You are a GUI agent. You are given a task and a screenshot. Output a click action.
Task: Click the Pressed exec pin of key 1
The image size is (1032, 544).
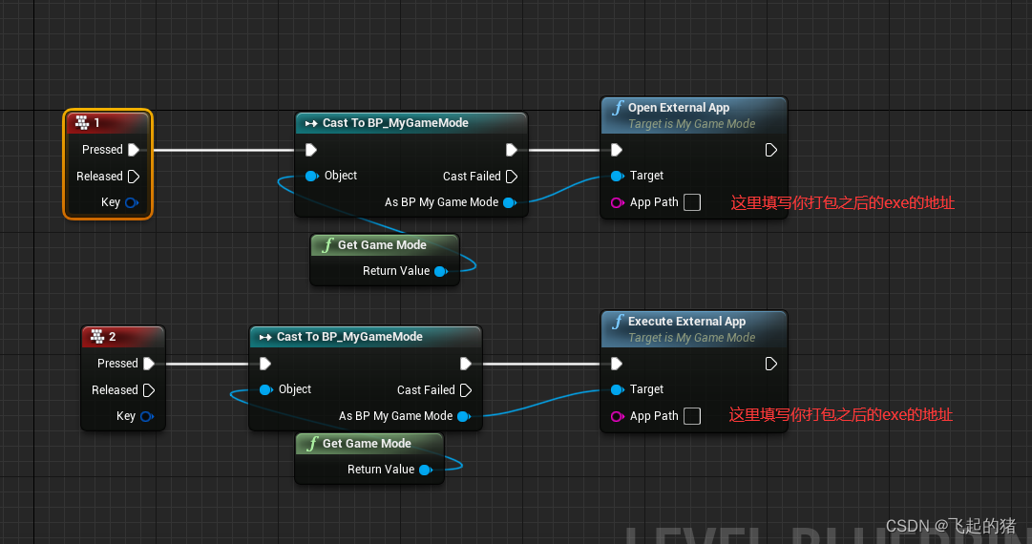tap(134, 150)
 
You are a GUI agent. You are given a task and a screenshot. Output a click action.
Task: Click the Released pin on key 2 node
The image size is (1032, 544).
tap(148, 390)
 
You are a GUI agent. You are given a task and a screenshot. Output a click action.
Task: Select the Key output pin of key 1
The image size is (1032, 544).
tap(132, 202)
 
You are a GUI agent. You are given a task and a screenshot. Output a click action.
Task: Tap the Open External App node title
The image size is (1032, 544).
tap(678, 108)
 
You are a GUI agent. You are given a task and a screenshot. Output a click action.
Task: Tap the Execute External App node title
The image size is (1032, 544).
tap(686, 322)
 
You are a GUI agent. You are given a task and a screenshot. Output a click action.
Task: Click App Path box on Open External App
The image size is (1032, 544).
tap(692, 202)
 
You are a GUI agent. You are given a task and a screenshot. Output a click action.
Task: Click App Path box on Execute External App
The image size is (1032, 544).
tap(692, 416)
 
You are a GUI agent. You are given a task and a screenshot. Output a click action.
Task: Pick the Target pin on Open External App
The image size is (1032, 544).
tap(617, 176)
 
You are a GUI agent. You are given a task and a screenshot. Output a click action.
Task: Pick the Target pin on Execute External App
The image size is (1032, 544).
tap(617, 389)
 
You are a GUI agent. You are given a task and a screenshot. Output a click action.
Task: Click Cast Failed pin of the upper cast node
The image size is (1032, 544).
tap(512, 177)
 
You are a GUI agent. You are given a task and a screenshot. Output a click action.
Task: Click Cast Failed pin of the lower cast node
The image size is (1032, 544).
tap(466, 390)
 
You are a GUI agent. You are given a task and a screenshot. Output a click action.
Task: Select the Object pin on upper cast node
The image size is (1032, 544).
tap(311, 176)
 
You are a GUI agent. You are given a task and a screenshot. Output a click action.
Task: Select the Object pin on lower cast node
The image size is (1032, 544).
tap(265, 389)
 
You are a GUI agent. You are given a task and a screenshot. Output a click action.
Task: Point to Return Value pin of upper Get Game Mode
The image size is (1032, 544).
tap(440, 271)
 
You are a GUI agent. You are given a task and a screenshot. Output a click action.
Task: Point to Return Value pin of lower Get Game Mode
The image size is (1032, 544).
tap(425, 470)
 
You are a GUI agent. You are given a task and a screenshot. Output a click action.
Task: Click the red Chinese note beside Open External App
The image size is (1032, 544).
tap(842, 202)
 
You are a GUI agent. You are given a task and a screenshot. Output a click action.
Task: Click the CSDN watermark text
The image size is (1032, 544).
tap(950, 526)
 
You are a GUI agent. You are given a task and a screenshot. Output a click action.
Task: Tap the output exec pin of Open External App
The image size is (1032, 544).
tap(771, 150)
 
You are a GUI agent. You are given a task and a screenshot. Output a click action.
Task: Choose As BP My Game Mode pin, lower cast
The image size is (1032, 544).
tap(463, 416)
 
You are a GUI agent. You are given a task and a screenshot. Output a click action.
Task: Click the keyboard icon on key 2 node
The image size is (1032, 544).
tap(96, 337)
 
